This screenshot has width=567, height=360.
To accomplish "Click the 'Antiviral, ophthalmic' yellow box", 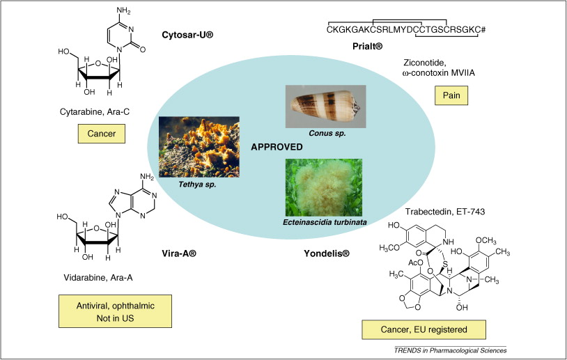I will tap(105, 311).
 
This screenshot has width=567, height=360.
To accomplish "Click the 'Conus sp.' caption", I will tap(326, 133).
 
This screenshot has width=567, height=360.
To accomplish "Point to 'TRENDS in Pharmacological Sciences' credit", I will tap(450, 350).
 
